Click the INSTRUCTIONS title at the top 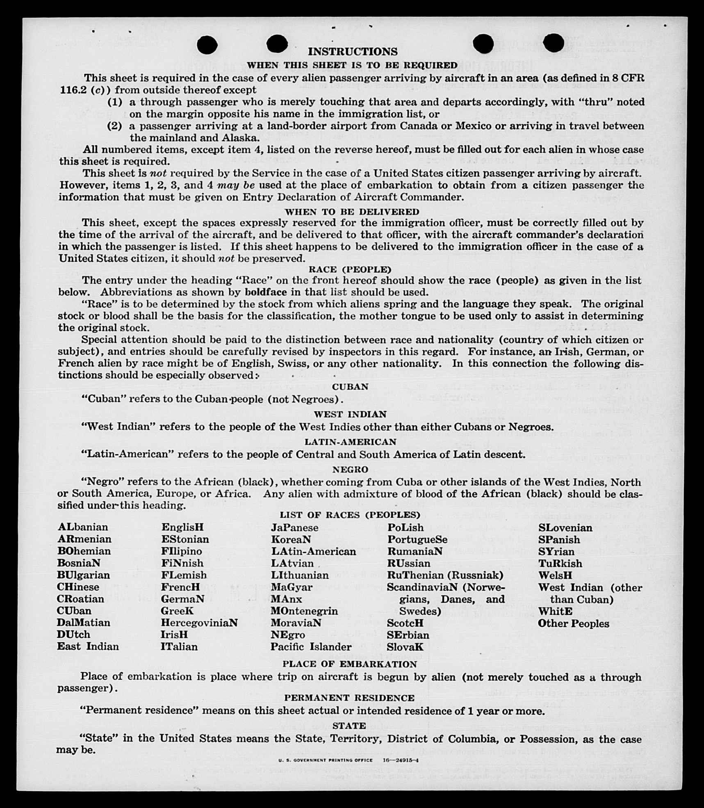[x=353, y=52]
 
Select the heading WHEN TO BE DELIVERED [x=352, y=212]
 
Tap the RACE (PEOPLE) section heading [x=350, y=269]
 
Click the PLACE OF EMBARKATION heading [x=349, y=664]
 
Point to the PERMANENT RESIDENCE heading [x=349, y=698]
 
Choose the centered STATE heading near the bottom [x=349, y=726]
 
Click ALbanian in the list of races [x=83, y=527]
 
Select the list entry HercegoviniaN [x=199, y=623]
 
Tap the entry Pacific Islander [x=311, y=647]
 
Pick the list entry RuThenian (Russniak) [x=445, y=575]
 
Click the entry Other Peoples [x=573, y=623]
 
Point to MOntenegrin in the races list [x=304, y=611]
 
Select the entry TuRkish [x=560, y=564]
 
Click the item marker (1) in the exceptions [x=115, y=102]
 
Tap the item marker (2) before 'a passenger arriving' [x=115, y=126]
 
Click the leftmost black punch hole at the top [x=207, y=45]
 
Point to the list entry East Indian [x=88, y=646]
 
